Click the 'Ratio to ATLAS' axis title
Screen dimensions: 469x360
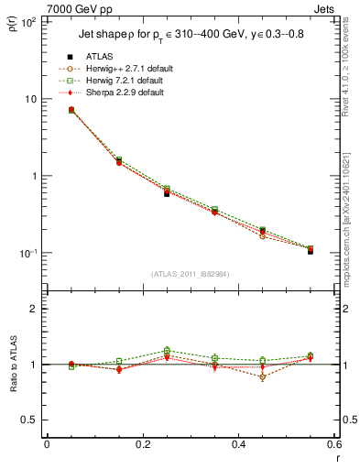[13, 365]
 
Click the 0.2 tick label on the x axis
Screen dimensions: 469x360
[142, 445]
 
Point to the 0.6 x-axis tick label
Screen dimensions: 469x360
[332, 445]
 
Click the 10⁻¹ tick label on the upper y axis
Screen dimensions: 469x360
[27, 254]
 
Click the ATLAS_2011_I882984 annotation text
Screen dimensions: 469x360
[190, 273]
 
